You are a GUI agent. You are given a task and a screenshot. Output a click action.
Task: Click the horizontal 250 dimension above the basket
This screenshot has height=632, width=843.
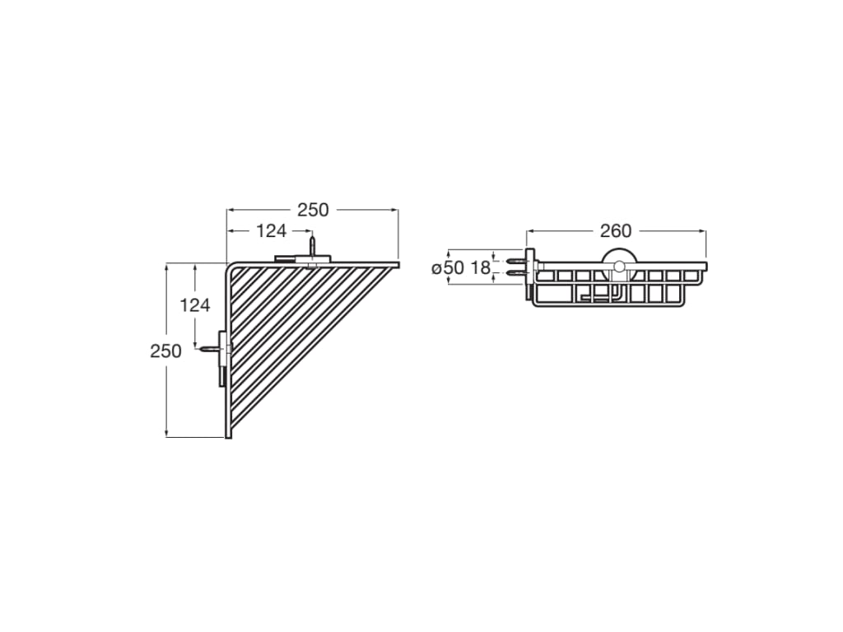(x=313, y=210)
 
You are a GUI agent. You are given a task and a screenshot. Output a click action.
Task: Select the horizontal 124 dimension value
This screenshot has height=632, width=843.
(x=271, y=231)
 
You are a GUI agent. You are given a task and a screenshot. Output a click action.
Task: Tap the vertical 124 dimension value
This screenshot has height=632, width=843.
(x=195, y=305)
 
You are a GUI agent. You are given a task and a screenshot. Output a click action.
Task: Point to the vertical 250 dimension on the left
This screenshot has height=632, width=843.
(x=165, y=351)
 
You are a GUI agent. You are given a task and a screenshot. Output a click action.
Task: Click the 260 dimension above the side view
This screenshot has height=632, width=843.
(x=616, y=231)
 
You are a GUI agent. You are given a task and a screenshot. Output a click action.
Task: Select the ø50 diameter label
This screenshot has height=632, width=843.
(x=449, y=268)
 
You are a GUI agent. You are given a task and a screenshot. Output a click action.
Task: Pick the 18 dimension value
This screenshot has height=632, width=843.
(x=480, y=268)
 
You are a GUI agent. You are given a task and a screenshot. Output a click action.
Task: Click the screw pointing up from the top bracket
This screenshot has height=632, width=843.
(x=312, y=246)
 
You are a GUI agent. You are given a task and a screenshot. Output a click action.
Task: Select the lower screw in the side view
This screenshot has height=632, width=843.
(x=515, y=272)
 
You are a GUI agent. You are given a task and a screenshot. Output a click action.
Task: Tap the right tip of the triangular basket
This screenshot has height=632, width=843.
(x=396, y=265)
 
